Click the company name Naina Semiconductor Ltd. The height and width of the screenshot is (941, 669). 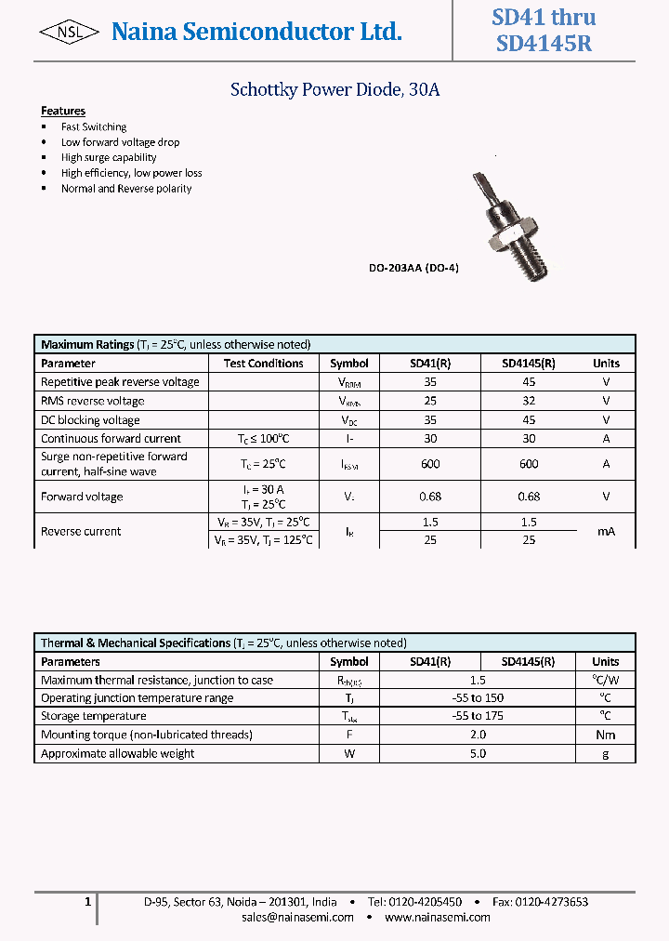point(256,33)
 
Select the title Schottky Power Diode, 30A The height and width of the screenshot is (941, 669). point(334,90)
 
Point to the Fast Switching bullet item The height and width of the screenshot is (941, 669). point(94,126)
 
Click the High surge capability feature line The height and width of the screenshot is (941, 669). point(109,157)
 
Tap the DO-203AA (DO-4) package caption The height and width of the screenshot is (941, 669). point(413,268)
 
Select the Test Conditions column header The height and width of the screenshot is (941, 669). point(264,364)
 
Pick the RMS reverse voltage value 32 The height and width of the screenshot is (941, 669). point(529,401)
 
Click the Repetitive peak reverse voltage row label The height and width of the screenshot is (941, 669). point(120,382)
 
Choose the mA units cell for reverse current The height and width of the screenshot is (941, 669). point(606,531)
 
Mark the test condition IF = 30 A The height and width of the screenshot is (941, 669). point(264,489)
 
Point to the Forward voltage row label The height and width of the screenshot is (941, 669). point(82,497)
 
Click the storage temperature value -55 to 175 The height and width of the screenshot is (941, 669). point(478,716)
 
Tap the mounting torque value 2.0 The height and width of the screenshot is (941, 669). point(478,735)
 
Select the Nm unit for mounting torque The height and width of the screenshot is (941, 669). point(606,735)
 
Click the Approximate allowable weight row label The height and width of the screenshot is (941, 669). point(118,753)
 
